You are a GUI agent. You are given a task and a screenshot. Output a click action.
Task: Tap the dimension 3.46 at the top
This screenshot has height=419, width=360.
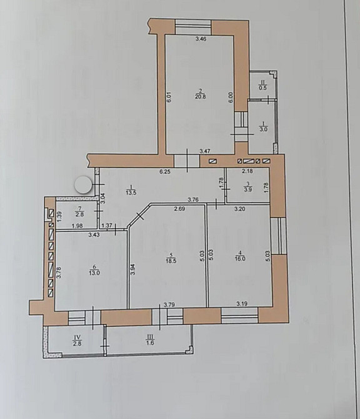[200, 39]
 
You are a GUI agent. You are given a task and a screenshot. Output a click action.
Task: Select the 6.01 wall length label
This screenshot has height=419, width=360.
[169, 97]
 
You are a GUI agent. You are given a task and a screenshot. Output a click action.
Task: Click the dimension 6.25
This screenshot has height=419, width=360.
[165, 171]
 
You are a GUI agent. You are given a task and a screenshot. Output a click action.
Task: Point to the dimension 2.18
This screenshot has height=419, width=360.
[247, 171]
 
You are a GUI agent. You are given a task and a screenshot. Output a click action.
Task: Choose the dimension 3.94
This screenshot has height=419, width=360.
[132, 270]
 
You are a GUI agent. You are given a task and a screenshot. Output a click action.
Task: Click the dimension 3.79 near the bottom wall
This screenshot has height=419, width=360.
[169, 305]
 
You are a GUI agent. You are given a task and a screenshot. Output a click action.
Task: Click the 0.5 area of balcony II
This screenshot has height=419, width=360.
[263, 88]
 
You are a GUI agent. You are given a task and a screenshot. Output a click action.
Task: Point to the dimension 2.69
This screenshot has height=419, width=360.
[179, 209]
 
